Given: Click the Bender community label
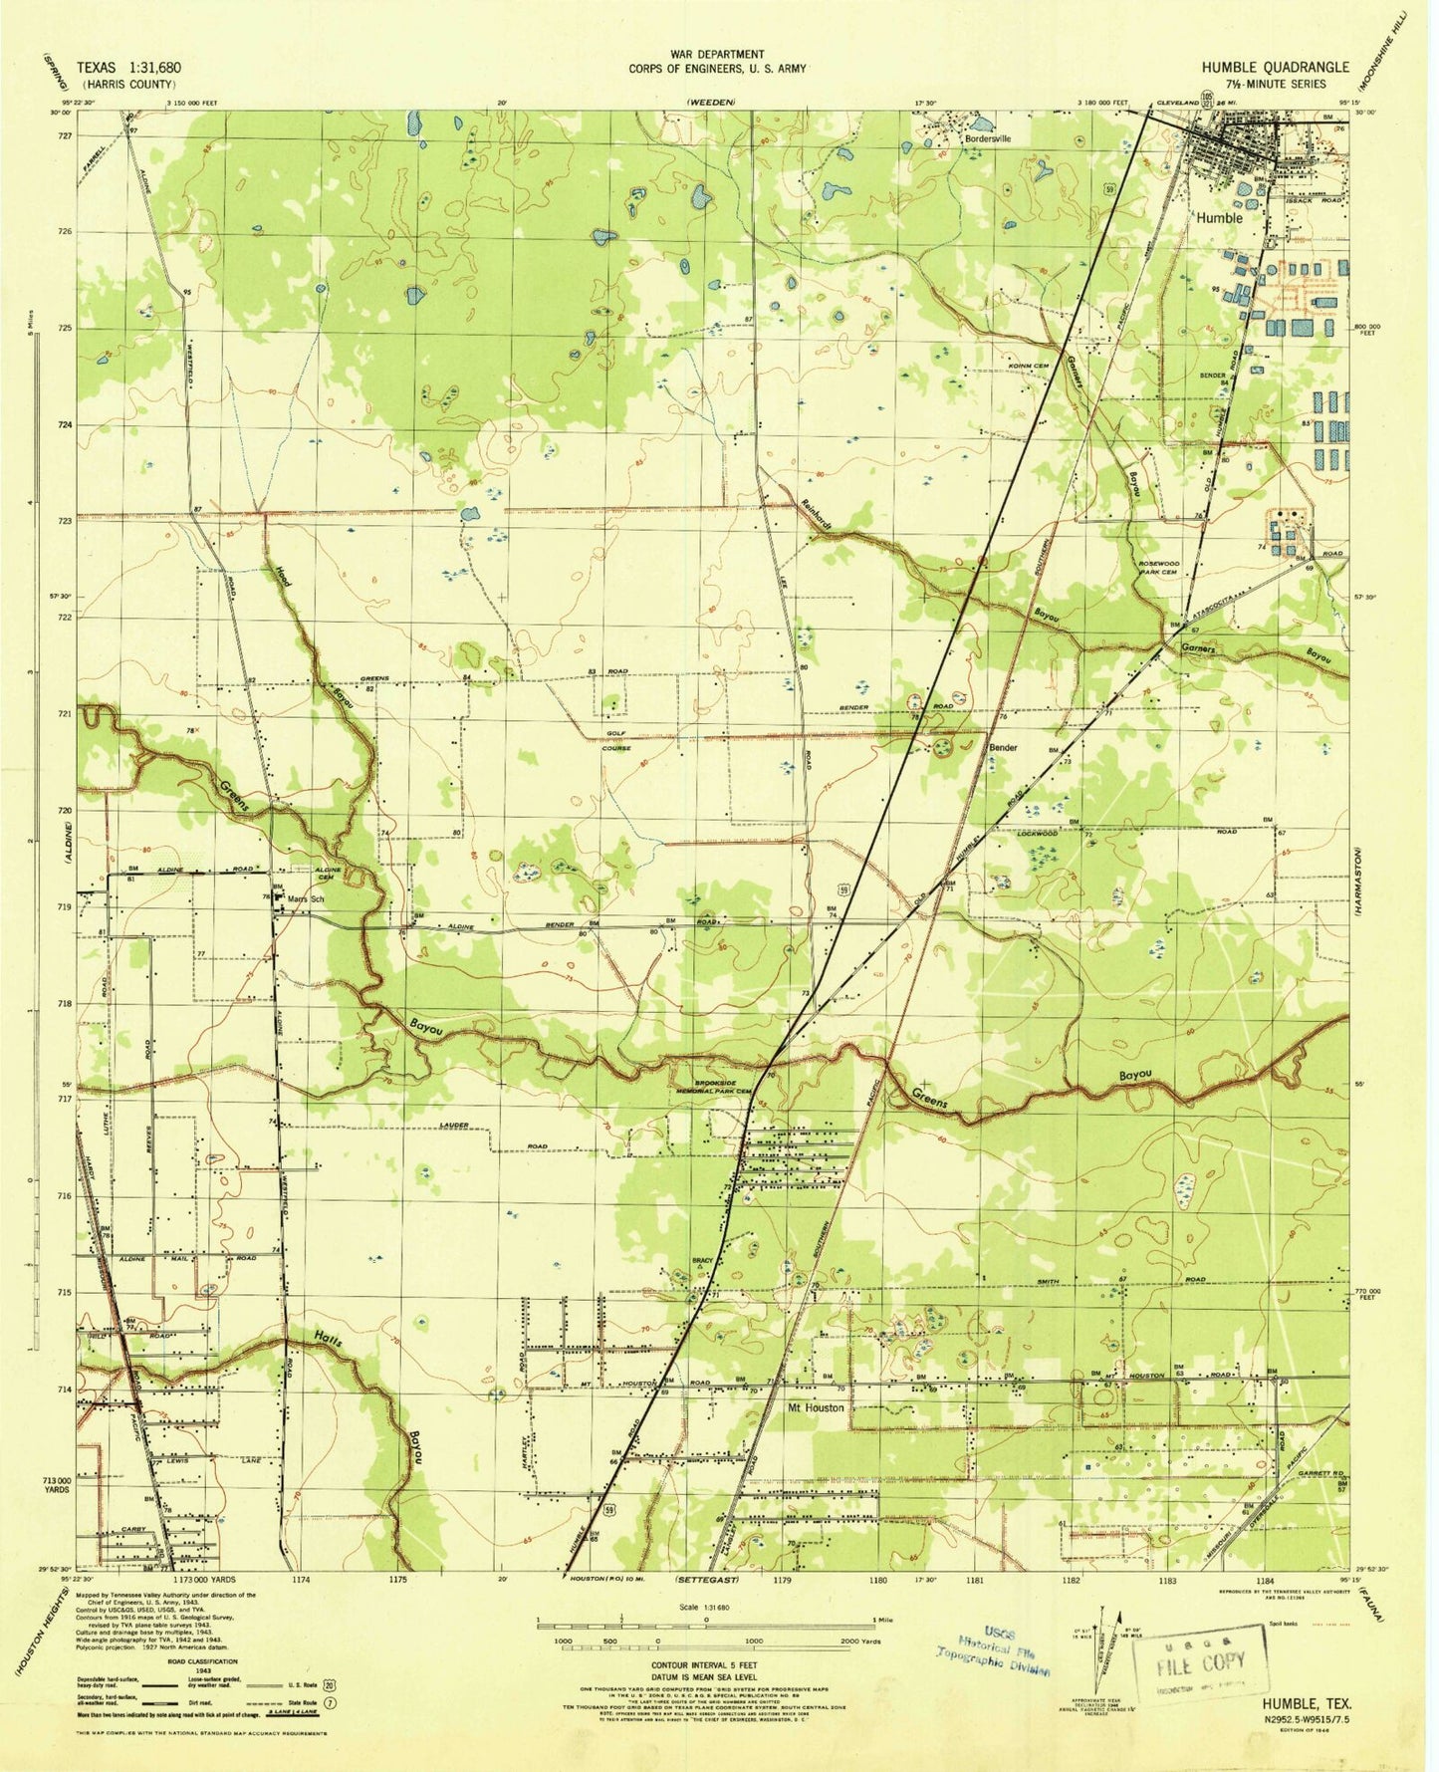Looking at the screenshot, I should click(x=1002, y=747).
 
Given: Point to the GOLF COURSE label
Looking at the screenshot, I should click(x=615, y=740).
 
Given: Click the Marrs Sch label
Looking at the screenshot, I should click(x=307, y=898).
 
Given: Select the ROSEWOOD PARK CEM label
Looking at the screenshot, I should click(x=1157, y=568).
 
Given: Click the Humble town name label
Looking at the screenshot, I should click(x=1219, y=217).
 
